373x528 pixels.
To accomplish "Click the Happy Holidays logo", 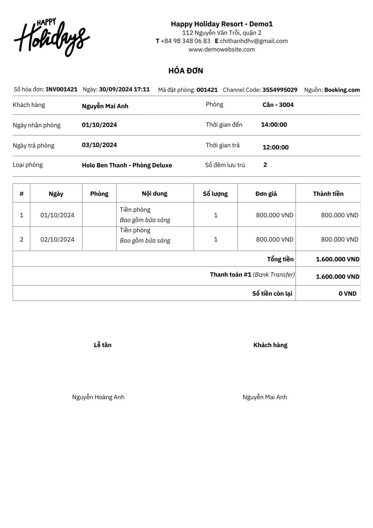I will (x=52, y=37).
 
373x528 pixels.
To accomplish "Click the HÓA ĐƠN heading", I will (x=186, y=71).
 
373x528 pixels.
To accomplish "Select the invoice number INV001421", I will (x=62, y=89).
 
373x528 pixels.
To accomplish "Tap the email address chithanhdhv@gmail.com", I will (x=254, y=41).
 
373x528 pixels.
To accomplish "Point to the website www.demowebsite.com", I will (x=222, y=49).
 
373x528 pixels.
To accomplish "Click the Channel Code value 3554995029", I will (x=280, y=90).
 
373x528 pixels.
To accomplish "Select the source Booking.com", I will (x=342, y=90).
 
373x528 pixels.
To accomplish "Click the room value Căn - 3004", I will (x=278, y=105).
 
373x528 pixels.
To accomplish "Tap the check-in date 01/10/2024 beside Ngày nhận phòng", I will (x=99, y=125).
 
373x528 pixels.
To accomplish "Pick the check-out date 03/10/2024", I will (x=99, y=145).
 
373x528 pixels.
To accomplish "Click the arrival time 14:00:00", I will (x=274, y=125).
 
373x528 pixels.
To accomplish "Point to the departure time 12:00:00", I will (x=275, y=147).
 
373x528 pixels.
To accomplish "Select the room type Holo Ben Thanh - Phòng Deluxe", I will (x=127, y=165).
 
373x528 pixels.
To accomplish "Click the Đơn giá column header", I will (x=266, y=194).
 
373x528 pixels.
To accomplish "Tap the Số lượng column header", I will (x=215, y=194).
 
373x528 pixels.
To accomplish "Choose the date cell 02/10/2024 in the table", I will (x=57, y=239).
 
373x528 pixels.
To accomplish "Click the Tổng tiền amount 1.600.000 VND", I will (x=337, y=259).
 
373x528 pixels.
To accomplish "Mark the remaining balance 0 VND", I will (x=347, y=293).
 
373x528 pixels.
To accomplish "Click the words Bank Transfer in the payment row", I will (x=274, y=275).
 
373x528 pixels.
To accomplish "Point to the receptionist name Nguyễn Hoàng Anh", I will (x=98, y=397).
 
